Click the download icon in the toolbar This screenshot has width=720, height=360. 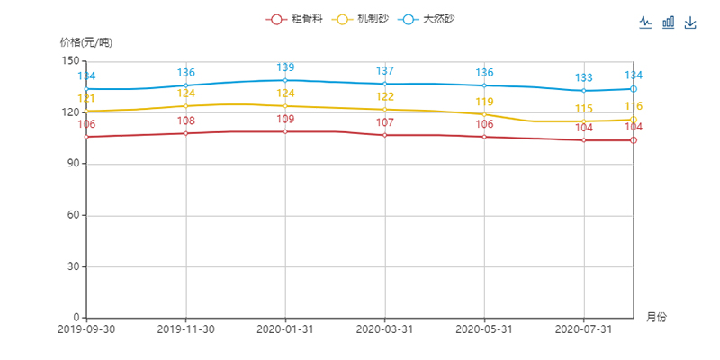[690, 22]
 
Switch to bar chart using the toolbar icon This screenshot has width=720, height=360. [669, 22]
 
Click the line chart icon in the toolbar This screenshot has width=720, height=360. [646, 22]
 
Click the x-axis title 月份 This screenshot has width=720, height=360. [656, 318]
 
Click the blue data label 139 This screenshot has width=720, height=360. [285, 67]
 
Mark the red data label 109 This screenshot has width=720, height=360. [285, 120]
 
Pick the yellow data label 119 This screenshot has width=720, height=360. [484, 103]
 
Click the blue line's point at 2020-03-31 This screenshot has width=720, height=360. [385, 85]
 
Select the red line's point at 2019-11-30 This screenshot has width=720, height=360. [186, 133]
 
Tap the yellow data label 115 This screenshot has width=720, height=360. [583, 109]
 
